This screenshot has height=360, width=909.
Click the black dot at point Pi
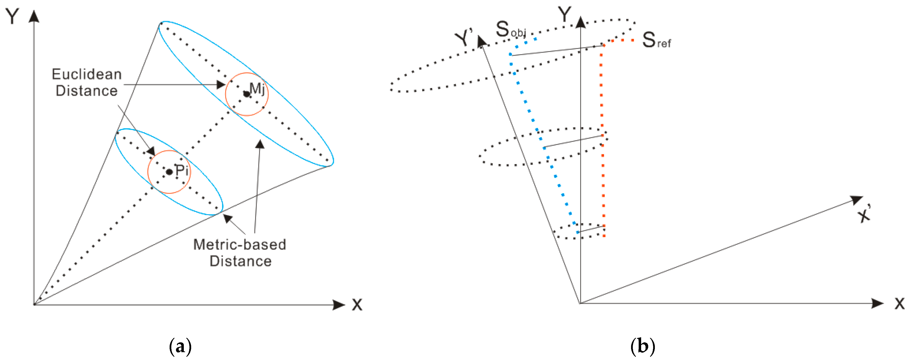pos(169,172)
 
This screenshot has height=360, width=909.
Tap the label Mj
pos(257,88)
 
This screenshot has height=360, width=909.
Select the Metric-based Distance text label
pos(240,253)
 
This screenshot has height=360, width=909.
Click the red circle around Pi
pos(148,172)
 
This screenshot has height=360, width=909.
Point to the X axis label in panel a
pos(357,305)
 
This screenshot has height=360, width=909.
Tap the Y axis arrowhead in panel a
pos(34,16)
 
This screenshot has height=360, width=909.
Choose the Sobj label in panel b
pos(510,30)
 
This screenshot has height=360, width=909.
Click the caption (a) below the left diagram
pos(180,346)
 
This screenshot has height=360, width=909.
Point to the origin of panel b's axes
pos(580,303)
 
